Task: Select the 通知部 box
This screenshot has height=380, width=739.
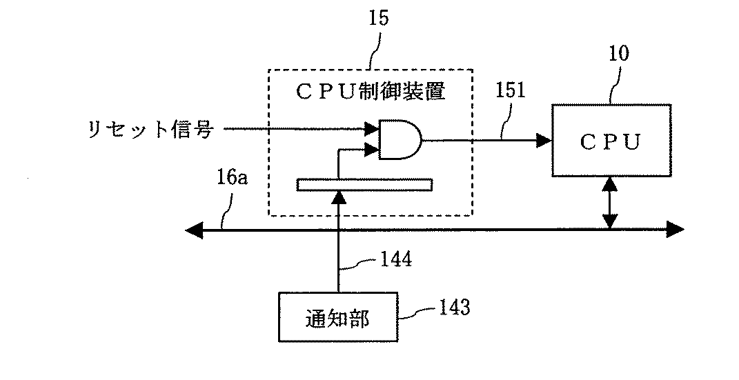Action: click(x=336, y=317)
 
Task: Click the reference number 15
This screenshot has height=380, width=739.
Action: click(x=378, y=19)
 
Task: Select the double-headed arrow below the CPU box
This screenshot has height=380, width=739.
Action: click(x=610, y=203)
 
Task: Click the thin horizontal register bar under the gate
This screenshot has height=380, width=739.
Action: click(x=364, y=184)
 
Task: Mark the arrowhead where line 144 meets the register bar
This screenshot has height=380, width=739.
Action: click(x=338, y=196)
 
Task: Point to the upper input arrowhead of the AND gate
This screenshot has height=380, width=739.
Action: click(x=372, y=128)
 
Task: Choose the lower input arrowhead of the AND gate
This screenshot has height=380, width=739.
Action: click(x=372, y=148)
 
